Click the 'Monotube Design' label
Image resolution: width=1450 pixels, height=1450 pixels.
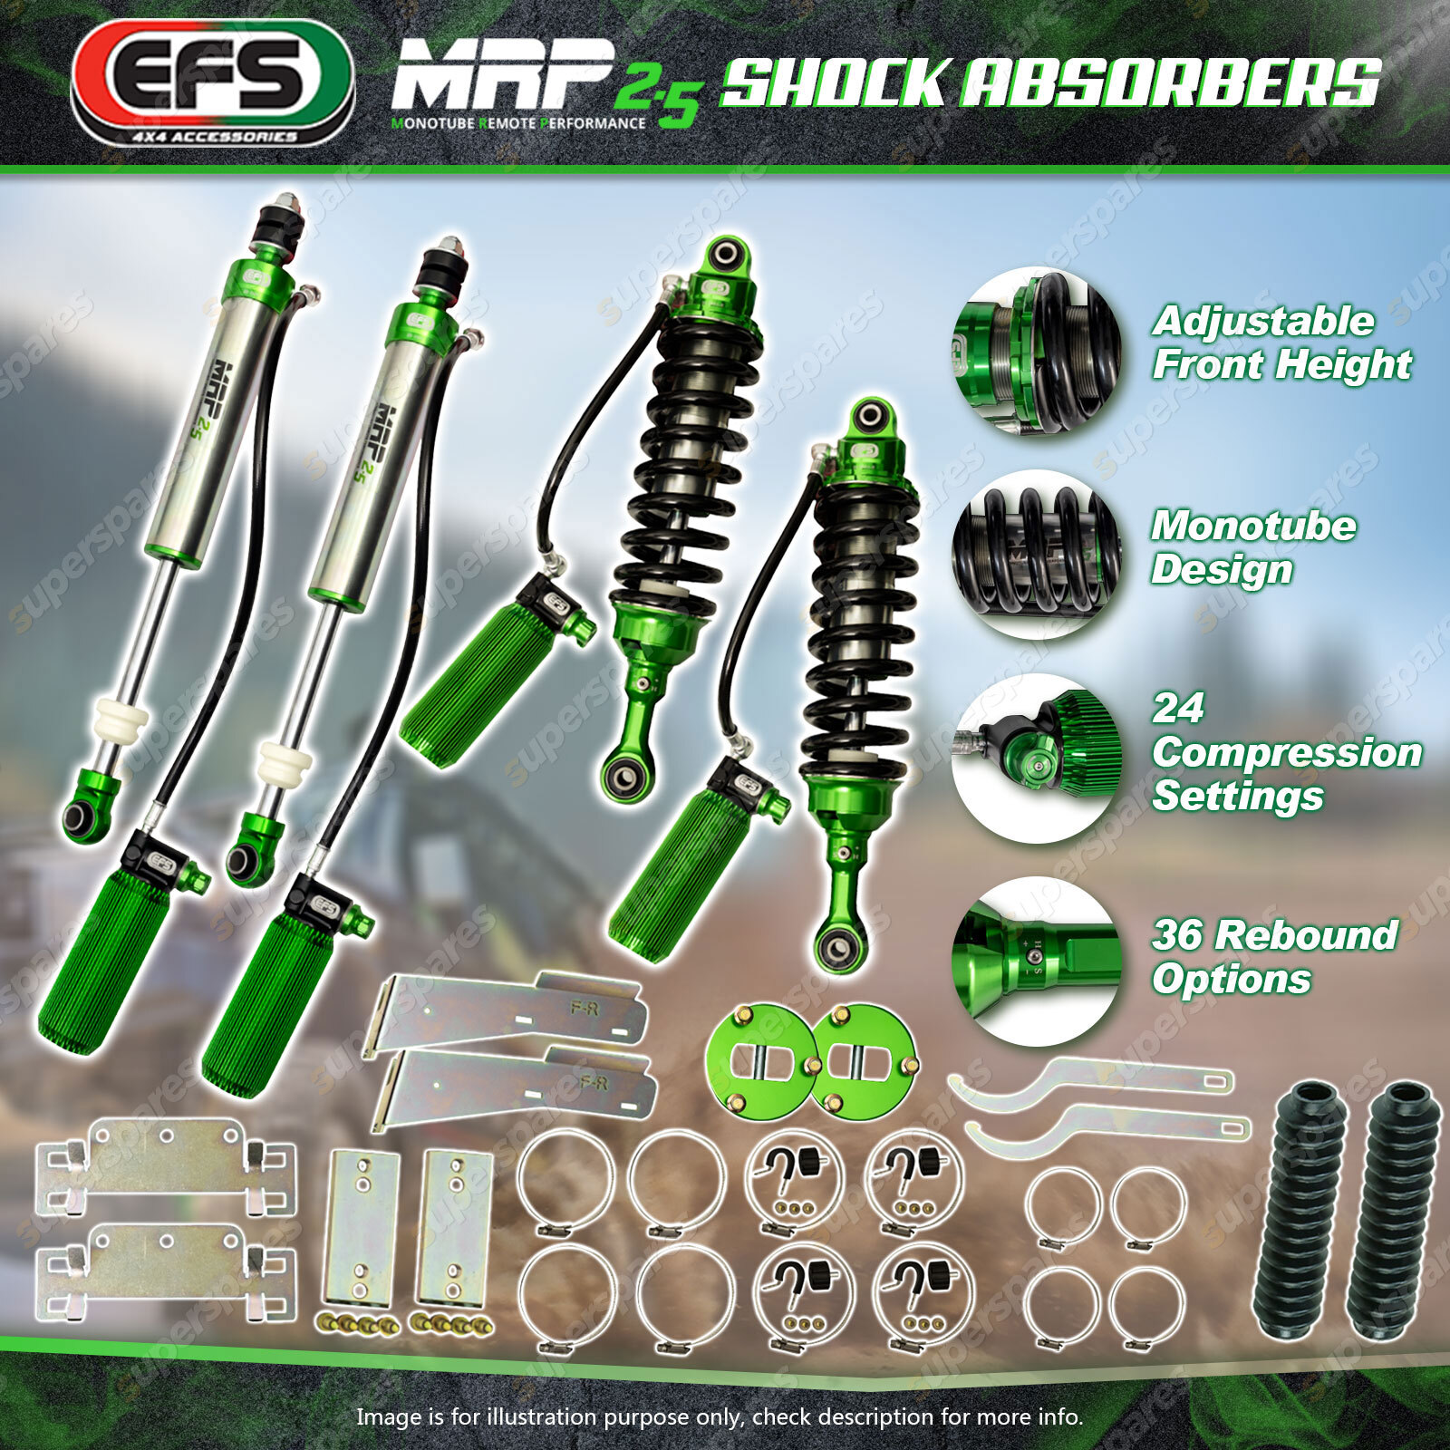tap(1253, 547)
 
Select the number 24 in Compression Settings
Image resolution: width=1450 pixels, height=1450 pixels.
tap(1177, 708)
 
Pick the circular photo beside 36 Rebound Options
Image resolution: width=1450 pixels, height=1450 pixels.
tap(1037, 962)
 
